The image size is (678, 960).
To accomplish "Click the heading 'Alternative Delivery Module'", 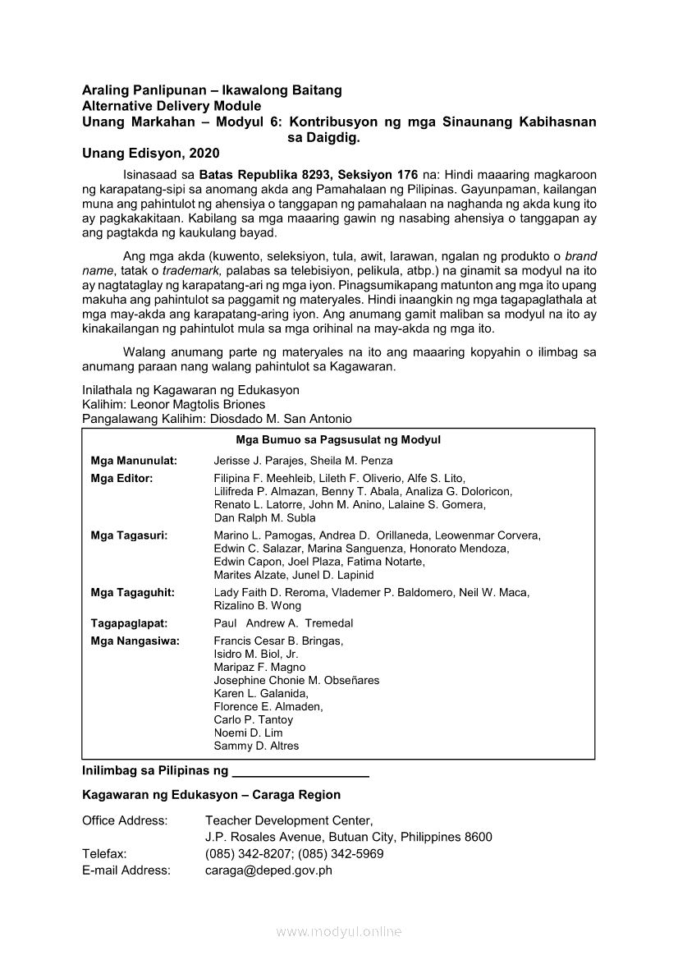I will pyautogui.click(x=172, y=106).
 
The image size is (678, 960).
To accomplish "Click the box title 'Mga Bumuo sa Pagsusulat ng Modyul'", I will pyautogui.click(x=338, y=440).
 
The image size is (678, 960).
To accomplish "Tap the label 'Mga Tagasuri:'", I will pyautogui.click(x=130, y=535).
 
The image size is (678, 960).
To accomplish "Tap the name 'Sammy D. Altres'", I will pyautogui.click(x=256, y=746).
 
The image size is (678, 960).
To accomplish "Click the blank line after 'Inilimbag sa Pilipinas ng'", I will pyautogui.click(x=300, y=773).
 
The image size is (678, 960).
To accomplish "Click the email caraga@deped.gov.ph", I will pyautogui.click(x=268, y=870).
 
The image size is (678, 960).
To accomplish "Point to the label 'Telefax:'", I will pyautogui.click(x=104, y=854).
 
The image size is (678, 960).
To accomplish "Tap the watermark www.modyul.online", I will pyautogui.click(x=339, y=932).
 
